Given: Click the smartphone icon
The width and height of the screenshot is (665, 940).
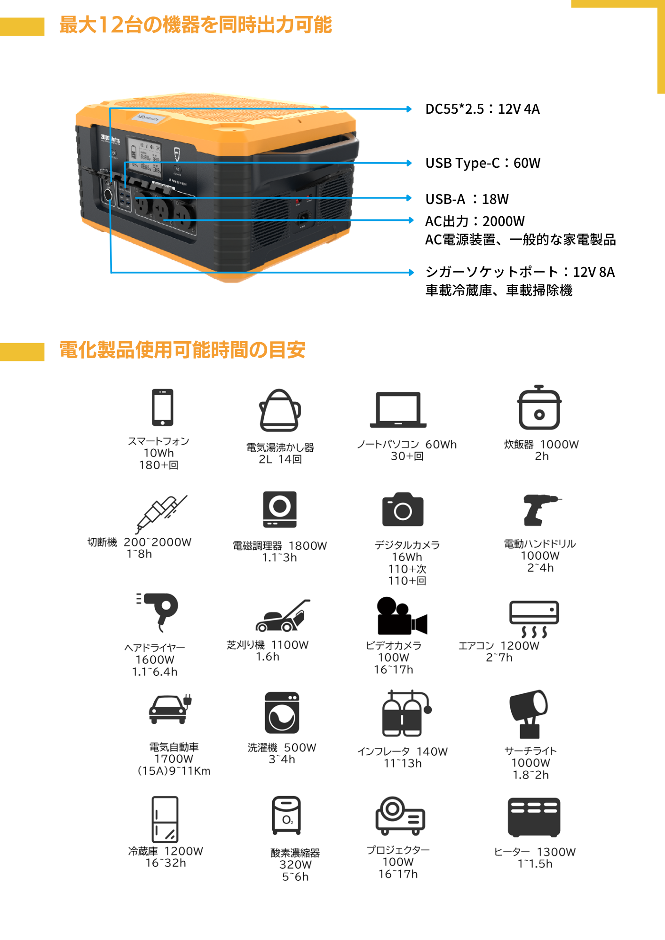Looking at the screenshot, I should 163,407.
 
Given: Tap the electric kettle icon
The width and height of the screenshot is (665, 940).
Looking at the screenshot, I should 280,410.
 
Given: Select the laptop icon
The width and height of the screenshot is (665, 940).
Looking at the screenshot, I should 398,412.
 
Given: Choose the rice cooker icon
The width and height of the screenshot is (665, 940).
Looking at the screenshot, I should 538,407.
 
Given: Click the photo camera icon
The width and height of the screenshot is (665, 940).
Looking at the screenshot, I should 403,509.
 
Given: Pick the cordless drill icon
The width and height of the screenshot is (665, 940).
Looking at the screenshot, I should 541,510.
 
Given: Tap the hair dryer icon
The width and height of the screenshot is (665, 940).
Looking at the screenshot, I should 156,612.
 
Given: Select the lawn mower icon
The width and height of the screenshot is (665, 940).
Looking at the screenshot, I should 283,616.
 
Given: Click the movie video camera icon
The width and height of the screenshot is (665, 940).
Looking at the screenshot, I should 402,617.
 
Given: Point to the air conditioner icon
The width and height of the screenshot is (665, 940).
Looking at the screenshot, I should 534,619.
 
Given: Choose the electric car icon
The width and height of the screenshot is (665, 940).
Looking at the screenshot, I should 170,710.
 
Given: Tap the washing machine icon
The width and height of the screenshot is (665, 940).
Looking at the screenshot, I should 282,713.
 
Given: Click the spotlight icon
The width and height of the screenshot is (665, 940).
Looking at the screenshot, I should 530,714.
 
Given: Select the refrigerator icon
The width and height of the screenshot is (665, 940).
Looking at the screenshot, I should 165,820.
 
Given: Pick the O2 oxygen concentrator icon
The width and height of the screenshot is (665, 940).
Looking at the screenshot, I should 286,815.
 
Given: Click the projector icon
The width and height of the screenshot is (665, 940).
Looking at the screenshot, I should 400,816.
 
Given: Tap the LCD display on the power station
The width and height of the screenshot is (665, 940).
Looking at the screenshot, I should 144,157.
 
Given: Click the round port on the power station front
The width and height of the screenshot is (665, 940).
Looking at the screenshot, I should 108,195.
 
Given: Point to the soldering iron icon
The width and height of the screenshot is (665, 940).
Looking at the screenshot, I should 160,514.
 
